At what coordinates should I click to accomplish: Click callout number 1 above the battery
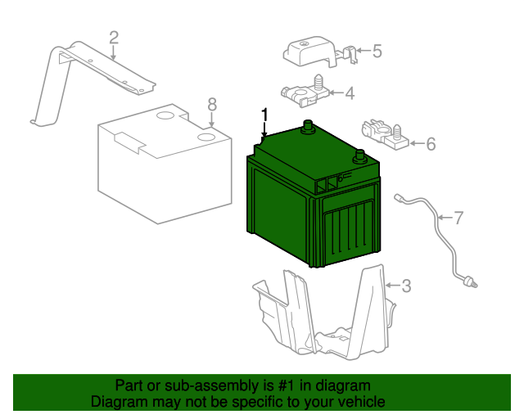pyautogui.click(x=264, y=115)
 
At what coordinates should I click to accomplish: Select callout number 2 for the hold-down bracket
pyautogui.click(x=114, y=38)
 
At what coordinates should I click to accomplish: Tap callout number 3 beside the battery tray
pyautogui.click(x=406, y=286)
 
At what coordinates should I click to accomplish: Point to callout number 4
pyautogui.click(x=350, y=93)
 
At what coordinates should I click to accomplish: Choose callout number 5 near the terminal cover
pyautogui.click(x=377, y=51)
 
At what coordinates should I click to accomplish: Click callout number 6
pyautogui.click(x=431, y=144)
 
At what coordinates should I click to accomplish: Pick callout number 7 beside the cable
pyautogui.click(x=458, y=218)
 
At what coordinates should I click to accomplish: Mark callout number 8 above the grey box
pyautogui.click(x=212, y=104)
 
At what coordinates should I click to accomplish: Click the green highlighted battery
pyautogui.click(x=314, y=197)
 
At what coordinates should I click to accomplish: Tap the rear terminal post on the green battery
pyautogui.click(x=308, y=127)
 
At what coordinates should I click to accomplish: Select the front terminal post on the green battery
pyautogui.click(x=359, y=156)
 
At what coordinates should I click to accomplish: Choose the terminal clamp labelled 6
pyautogui.click(x=385, y=135)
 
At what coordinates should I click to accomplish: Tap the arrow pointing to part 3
pyautogui.click(x=392, y=286)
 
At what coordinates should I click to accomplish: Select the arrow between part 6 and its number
pyautogui.click(x=417, y=143)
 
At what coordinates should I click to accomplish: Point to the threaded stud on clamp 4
pyautogui.click(x=318, y=82)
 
